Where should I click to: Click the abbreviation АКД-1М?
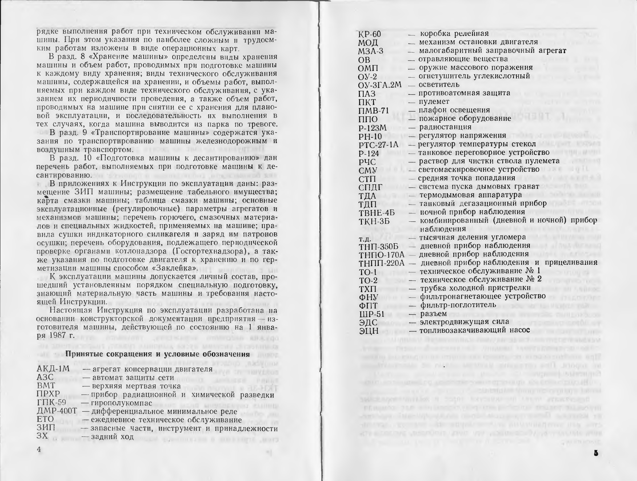click(x=53, y=369)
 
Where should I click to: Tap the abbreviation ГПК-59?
click(x=52, y=403)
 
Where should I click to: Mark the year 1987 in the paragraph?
click(x=57, y=336)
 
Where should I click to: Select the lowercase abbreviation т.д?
click(x=366, y=238)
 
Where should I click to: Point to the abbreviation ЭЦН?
click(x=368, y=330)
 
